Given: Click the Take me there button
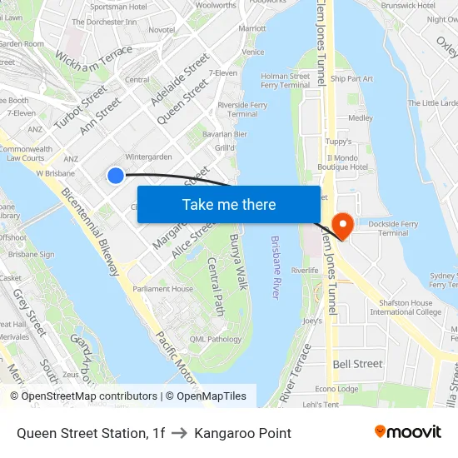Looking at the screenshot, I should pyautogui.click(x=229, y=204).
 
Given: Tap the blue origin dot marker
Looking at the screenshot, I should pyautogui.click(x=116, y=175).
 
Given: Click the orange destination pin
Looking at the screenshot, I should pyautogui.click(x=341, y=223).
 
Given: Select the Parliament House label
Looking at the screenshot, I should pyautogui.click(x=163, y=289).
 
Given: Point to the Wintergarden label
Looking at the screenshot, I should pyautogui.click(x=148, y=156).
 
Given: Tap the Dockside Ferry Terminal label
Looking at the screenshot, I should pyautogui.click(x=381, y=229).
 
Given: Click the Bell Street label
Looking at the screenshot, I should pyautogui.click(x=357, y=364).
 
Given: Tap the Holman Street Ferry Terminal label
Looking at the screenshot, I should pyautogui.click(x=285, y=81).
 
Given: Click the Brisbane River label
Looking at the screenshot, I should pyautogui.click(x=276, y=267).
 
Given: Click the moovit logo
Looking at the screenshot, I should pyautogui.click(x=408, y=431).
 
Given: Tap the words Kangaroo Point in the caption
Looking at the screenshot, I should pyautogui.click(x=242, y=433).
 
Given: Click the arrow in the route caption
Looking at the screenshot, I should pyautogui.click(x=180, y=433).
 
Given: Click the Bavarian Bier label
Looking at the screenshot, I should pyautogui.click(x=225, y=134).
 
